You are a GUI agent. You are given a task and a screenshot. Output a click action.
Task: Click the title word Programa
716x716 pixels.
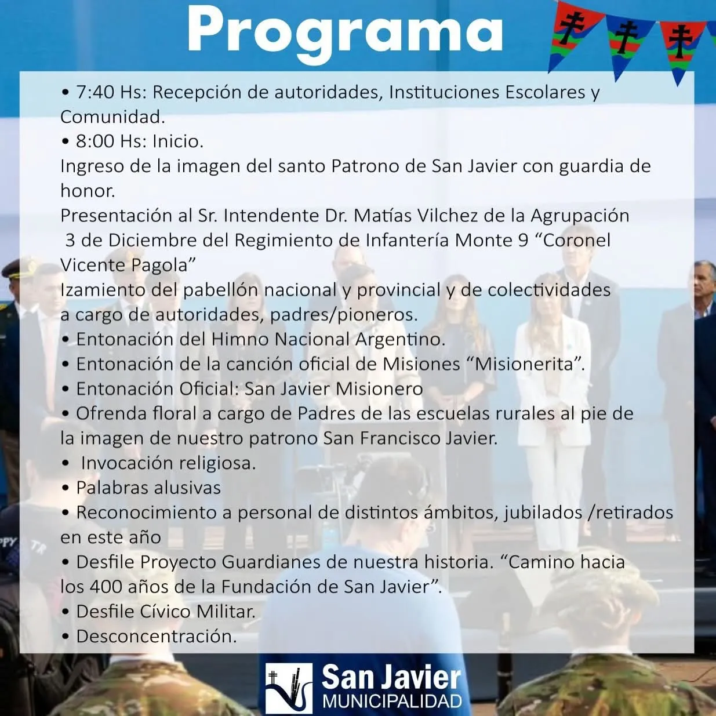coord(345,32)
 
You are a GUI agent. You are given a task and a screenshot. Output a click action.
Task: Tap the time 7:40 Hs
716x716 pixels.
coord(110,93)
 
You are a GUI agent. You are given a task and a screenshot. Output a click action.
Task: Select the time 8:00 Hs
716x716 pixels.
coord(110,141)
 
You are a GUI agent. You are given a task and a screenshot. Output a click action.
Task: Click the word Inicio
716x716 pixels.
coord(178,141)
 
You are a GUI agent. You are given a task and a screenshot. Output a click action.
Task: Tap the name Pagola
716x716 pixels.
coord(163,266)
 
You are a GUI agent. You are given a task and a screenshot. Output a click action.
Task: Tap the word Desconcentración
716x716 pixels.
coord(157,637)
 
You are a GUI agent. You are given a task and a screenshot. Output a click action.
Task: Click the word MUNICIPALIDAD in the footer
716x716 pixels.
coord(392,702)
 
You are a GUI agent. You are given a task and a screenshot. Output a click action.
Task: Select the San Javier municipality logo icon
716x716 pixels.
coord(289,688)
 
